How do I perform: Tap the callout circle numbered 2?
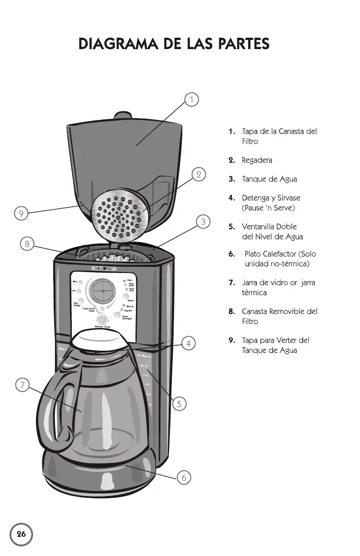(x=199, y=174)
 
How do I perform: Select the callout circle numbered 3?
(x=204, y=222)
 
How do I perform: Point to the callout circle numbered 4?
(x=189, y=343)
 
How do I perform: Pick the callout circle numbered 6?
(x=184, y=477)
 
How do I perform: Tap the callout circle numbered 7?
(x=21, y=385)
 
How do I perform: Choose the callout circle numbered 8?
(x=27, y=244)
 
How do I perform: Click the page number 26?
(x=21, y=534)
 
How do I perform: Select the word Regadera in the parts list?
(x=257, y=160)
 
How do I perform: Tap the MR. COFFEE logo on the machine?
(x=105, y=268)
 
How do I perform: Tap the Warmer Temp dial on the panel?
(x=105, y=320)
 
